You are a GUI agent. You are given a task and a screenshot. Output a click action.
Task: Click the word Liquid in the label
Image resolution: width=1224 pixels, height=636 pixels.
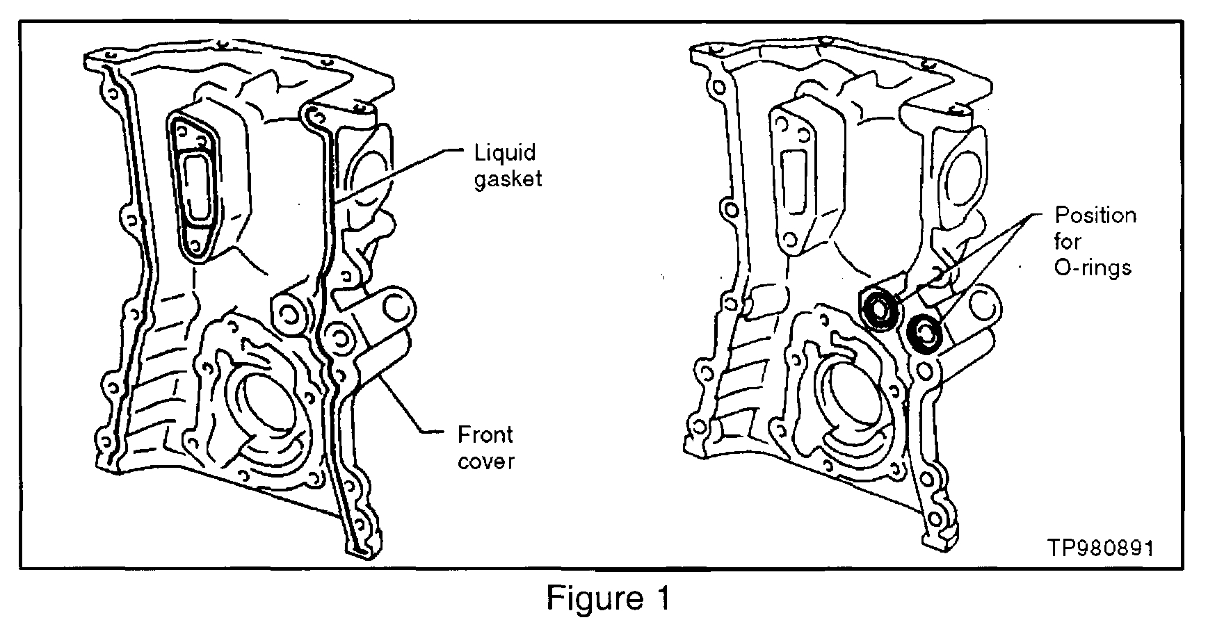[x=504, y=152]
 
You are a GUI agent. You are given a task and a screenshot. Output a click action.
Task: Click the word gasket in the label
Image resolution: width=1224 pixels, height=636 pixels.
[x=508, y=179]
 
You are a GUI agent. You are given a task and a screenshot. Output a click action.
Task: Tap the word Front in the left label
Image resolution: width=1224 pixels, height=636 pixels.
[x=485, y=436]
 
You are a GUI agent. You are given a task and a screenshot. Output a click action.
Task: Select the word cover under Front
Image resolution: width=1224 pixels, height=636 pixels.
[x=486, y=462]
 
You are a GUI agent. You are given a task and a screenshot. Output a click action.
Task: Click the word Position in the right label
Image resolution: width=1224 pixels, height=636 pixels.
[x=1095, y=215]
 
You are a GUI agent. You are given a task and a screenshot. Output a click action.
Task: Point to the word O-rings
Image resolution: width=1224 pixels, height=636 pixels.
[x=1093, y=268]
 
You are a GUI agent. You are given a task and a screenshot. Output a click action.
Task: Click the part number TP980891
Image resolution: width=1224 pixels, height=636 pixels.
[x=1102, y=548]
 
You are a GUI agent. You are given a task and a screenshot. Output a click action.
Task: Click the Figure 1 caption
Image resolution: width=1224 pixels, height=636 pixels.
[x=609, y=598]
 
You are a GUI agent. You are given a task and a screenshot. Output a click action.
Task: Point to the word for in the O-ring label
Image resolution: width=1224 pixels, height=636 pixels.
[x=1068, y=242]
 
